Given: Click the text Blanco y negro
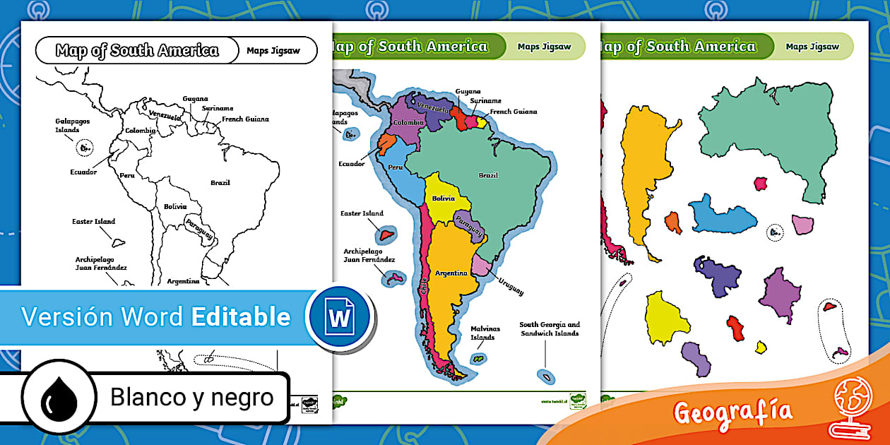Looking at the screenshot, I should tap(191, 398).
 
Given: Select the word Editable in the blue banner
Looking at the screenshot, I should tap(241, 317).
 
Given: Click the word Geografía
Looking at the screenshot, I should tap(732, 412).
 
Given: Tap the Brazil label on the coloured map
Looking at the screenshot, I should tap(488, 175).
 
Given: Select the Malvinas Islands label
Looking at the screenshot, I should tap(485, 333).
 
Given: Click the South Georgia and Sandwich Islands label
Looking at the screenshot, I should tap(550, 329).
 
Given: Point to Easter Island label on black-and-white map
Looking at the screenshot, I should tap(93, 222).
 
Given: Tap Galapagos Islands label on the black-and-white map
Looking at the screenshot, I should tap(73, 125).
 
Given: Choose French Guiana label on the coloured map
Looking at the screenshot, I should tap(514, 112).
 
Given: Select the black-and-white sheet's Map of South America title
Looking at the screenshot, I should tap(137, 50).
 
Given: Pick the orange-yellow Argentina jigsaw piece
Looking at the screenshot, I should tap(643, 177).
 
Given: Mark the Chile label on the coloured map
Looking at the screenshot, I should tap(424, 288).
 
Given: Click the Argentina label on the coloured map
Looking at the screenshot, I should tap(451, 273).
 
